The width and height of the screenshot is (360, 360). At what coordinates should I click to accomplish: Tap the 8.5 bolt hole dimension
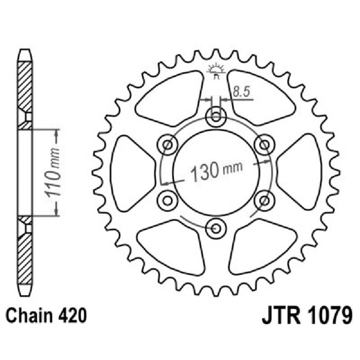241,92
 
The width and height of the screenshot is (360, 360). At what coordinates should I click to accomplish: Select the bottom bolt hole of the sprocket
216,228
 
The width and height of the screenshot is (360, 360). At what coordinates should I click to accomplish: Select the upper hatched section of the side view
25,88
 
